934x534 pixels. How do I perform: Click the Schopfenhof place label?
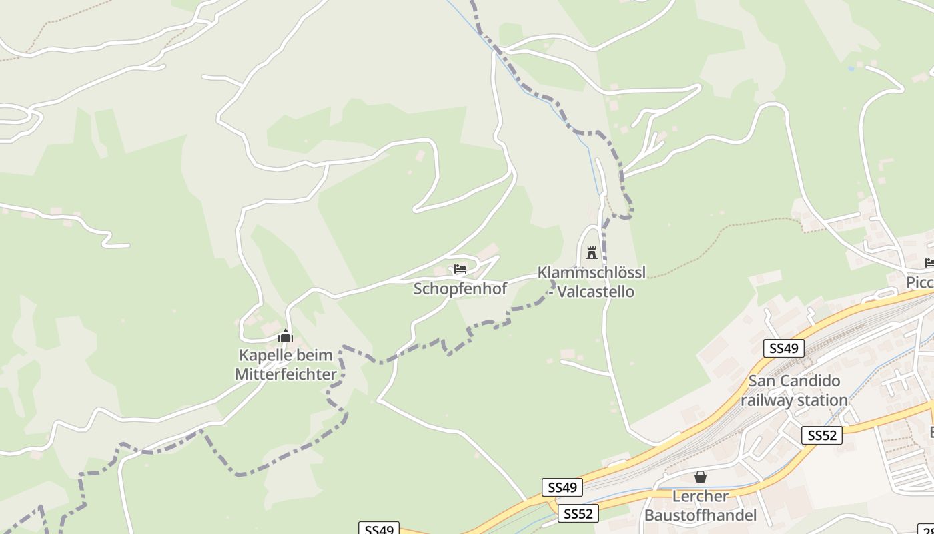pos(460,289)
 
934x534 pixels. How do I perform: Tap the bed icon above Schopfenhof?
pos(460,269)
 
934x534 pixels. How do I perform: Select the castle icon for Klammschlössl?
pos(591,253)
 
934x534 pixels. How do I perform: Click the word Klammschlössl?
pos(591,273)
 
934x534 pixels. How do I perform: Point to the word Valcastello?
pos(596,292)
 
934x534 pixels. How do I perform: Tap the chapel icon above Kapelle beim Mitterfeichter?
pos(286,335)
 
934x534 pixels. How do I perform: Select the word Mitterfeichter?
pos(286,374)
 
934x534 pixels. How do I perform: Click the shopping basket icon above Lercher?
pos(700,477)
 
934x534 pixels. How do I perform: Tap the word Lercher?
pos(700,497)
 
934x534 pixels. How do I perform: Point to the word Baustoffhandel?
pos(700,515)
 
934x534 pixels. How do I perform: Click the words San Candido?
pos(794,382)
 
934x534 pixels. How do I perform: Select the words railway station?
pos(794,400)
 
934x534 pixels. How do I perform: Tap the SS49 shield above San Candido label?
pos(783,348)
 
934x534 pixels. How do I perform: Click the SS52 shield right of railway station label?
pos(821,435)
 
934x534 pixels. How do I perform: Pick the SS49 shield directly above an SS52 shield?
pos(562,488)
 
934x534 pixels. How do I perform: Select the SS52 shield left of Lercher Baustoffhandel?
pos(578,513)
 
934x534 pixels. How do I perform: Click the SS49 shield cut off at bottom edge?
pos(379,529)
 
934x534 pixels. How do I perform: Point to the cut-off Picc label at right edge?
pos(919,283)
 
